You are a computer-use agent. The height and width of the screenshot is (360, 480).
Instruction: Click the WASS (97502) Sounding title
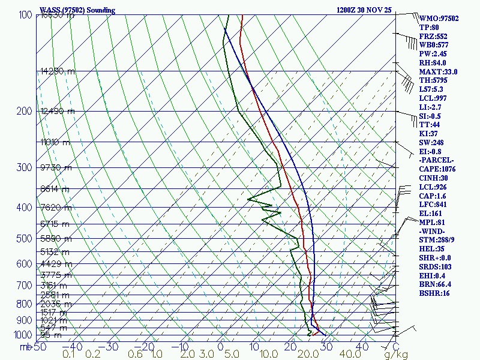coord(77,10)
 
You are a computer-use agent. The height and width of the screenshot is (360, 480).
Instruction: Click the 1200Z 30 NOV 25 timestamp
coord(364,10)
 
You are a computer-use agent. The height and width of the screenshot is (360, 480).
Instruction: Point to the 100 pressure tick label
coord(25,14)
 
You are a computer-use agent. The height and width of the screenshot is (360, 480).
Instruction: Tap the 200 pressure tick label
coord(25,111)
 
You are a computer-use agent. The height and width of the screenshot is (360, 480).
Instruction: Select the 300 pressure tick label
coord(25,167)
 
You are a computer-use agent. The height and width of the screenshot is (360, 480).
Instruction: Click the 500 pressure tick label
coord(25,239)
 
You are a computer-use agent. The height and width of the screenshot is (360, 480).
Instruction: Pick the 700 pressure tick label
coord(25,284)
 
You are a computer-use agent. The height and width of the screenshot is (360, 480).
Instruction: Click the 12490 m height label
coord(58,111)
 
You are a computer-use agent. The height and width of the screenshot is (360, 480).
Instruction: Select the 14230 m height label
coord(58,71)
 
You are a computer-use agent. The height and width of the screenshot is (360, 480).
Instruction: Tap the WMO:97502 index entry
coord(439,19)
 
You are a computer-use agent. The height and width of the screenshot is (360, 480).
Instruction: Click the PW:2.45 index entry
coord(433,54)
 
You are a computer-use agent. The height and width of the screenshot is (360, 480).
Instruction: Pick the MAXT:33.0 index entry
coord(438,72)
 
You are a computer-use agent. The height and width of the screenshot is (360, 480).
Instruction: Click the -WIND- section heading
coord(434,231)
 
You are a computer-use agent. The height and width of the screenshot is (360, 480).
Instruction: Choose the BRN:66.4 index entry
coord(436,284)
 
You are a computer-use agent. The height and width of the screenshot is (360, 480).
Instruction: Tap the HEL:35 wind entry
coord(431,249)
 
